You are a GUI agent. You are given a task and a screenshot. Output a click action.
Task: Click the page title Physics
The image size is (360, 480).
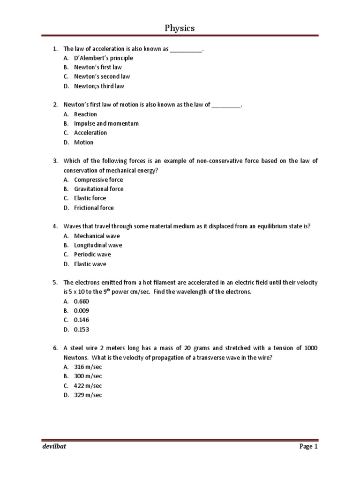pyautogui.click(x=180, y=29)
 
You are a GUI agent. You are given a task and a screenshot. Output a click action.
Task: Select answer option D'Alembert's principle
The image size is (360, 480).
pyautogui.click(x=103, y=58)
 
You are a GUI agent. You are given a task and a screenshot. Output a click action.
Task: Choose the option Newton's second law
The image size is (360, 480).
pyautogui.click(x=102, y=77)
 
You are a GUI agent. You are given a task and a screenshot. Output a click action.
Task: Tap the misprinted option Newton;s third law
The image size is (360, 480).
pyautogui.click(x=99, y=86)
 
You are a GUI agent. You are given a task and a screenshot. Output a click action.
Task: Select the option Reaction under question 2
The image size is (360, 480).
pyautogui.click(x=85, y=114)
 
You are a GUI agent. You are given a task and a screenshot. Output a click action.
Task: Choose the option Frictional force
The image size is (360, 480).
pyautogui.click(x=94, y=208)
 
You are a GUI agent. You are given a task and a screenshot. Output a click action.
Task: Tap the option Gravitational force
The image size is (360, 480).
pyautogui.click(x=98, y=189)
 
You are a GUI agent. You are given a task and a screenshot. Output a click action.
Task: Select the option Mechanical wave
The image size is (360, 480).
pyautogui.click(x=97, y=236)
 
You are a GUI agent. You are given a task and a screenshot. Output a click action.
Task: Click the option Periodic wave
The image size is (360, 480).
pyautogui.click(x=92, y=255)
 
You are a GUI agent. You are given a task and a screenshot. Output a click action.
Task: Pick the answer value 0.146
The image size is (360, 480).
pyautogui.click(x=81, y=320)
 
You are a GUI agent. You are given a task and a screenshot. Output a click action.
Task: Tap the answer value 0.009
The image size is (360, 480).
pyautogui.click(x=81, y=311)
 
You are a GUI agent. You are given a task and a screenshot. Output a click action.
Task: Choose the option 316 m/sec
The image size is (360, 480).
pyautogui.click(x=88, y=367)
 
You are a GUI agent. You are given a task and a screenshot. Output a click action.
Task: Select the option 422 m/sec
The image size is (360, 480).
pyautogui.click(x=88, y=386)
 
